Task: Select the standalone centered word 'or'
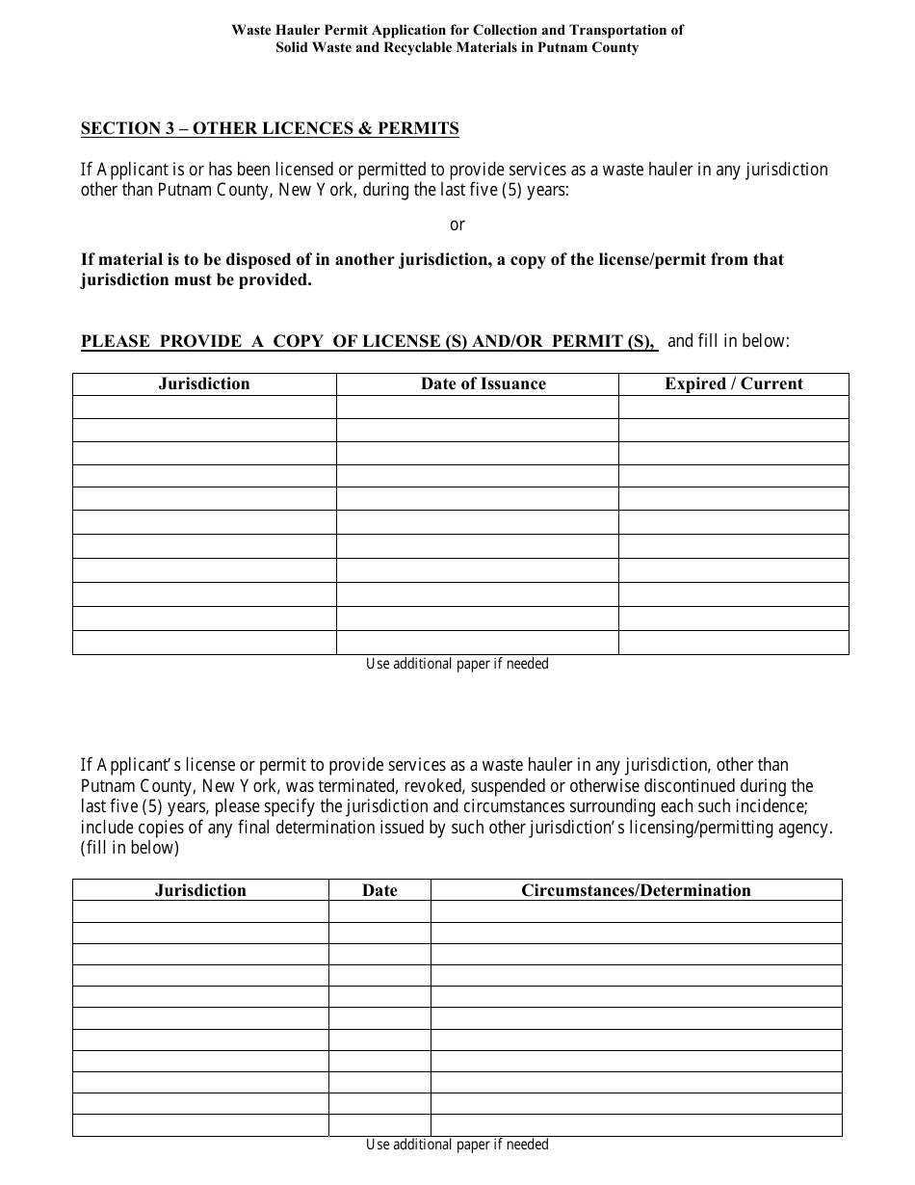coord(457,224)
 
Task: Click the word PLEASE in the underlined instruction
coord(116,341)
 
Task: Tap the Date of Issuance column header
coord(483,383)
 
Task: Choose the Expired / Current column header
coord(733,383)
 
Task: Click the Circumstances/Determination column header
coord(636,890)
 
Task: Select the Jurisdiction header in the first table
coord(204,383)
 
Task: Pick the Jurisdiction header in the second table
coord(200,890)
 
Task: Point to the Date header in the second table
coord(379,890)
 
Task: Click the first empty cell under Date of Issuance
coord(477,408)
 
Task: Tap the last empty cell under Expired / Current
coord(733,643)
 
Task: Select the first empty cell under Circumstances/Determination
coord(636,911)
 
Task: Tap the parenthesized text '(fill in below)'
coord(130,848)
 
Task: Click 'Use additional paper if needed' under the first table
coord(457,664)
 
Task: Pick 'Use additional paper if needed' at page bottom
coord(457,1145)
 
